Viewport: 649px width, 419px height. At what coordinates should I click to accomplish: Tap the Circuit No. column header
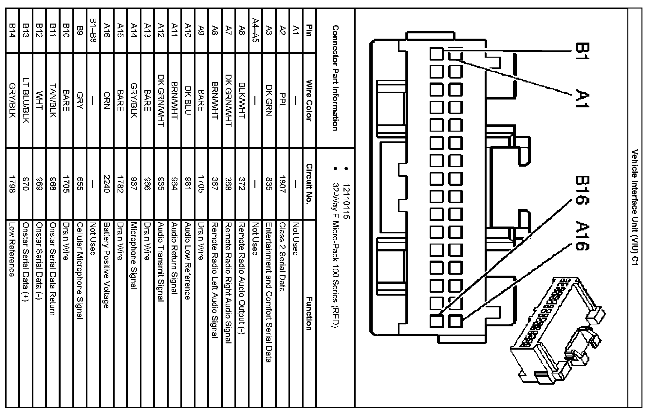[309, 184]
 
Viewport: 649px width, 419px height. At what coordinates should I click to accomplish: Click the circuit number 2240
[106, 184]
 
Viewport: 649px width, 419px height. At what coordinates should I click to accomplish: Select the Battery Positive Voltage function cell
[106, 265]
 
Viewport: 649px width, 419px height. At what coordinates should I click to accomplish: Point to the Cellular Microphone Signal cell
[79, 271]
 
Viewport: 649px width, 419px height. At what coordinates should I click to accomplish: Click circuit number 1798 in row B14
[12, 184]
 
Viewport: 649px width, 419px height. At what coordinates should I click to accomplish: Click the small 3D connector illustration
[557, 331]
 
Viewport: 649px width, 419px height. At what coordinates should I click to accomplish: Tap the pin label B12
[40, 30]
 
